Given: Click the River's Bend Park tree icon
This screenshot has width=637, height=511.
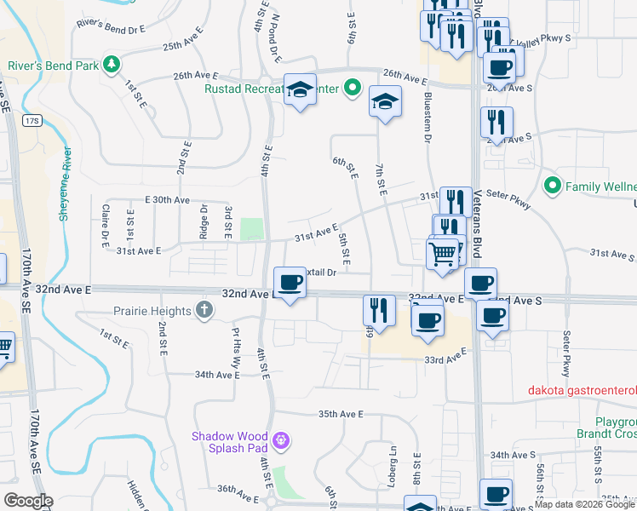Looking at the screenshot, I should click(110, 64).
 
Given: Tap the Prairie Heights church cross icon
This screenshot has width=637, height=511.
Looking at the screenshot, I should click(204, 311).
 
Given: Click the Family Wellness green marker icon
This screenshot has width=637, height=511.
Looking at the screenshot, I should click(553, 186).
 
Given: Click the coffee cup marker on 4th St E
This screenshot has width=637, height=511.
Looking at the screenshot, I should click(290, 283).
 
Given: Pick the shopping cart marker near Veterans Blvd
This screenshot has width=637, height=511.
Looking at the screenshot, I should click(443, 253).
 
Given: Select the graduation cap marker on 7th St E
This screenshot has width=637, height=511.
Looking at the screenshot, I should click(385, 103).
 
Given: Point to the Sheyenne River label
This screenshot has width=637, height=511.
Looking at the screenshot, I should click(65, 184).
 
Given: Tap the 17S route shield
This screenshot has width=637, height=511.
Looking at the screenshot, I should click(32, 120).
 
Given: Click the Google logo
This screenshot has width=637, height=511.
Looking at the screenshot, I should click(28, 500).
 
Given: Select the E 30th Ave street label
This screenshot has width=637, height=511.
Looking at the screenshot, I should click(167, 199).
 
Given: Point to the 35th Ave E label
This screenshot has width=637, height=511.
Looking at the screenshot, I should click(341, 414).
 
